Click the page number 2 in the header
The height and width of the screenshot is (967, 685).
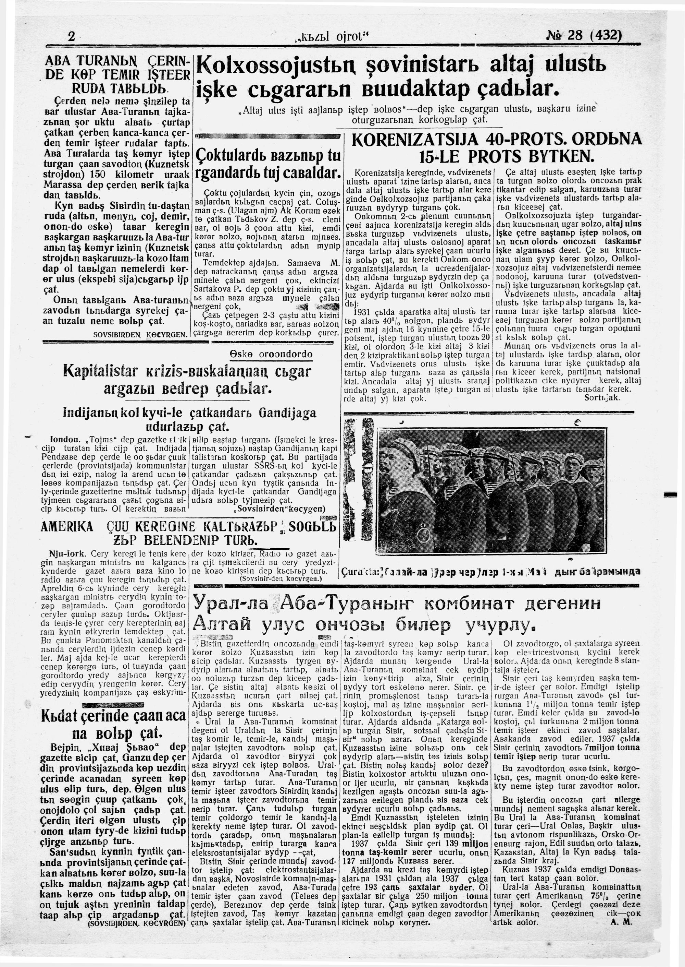[71, 37]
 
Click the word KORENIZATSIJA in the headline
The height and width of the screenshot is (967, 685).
[416, 140]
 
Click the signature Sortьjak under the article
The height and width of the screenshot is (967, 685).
[602, 398]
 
